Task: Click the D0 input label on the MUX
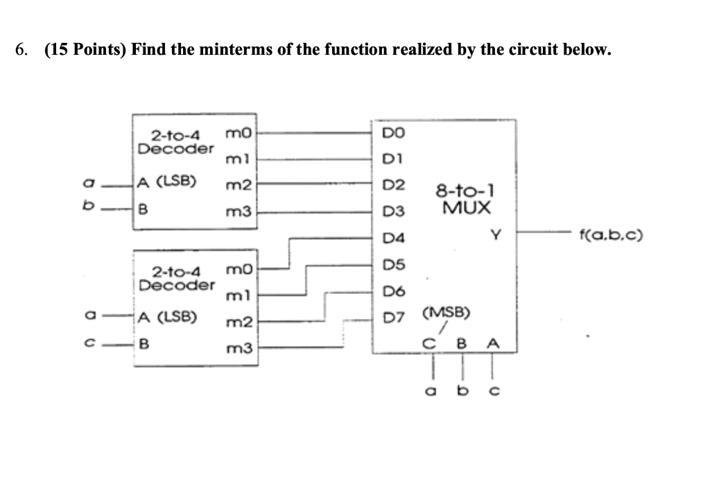391,132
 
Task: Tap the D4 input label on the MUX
391,239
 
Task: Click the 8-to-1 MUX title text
464,198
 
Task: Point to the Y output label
495,236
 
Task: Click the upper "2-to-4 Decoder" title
175,142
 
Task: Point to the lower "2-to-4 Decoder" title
175,279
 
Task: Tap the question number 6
22,50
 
